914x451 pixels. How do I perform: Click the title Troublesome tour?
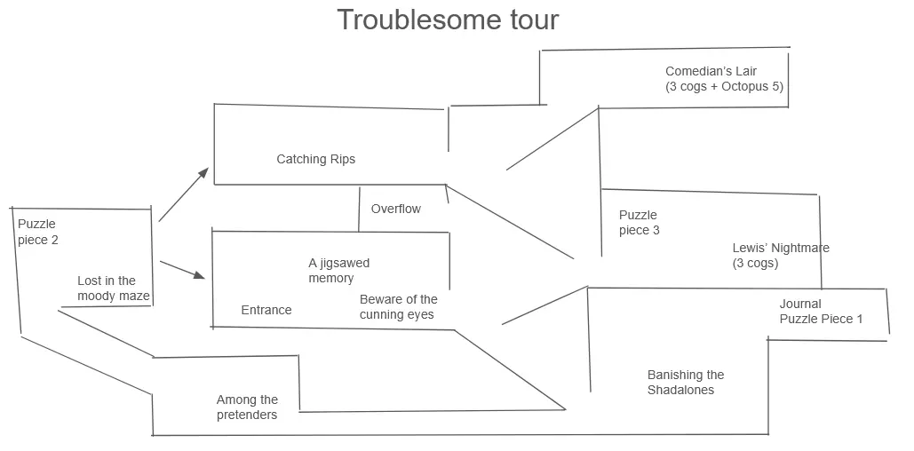448,20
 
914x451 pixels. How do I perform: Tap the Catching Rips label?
315,160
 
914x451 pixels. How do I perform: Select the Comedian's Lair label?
724,79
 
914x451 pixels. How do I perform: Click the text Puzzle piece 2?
38,232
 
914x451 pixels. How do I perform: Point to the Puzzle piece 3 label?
639,223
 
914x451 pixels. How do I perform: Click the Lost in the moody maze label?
114,289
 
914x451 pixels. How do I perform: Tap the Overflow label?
396,210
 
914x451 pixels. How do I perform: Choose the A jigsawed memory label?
338,271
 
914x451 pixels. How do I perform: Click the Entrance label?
266,310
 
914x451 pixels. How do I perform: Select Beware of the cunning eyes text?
398,307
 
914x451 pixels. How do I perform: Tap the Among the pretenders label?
247,407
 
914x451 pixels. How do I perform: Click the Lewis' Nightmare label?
781,256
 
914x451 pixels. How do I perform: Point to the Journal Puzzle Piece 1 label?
821,312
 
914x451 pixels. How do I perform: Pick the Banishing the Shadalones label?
686,383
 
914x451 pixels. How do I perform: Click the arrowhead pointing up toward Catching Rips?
204,172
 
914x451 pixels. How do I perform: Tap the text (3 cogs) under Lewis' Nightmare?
755,264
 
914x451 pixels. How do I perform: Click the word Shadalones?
680,391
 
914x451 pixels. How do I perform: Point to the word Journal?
800,304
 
